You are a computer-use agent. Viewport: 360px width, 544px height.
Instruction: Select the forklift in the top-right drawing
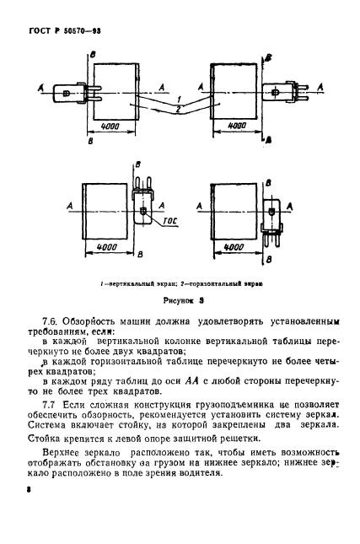(x=281, y=89)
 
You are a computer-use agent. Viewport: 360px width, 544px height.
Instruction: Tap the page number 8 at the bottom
(x=30, y=511)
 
